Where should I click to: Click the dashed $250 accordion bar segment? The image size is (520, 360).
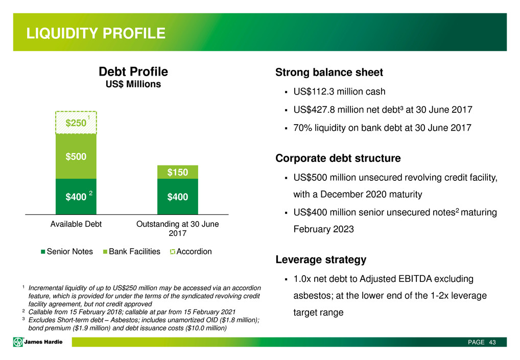[76, 123]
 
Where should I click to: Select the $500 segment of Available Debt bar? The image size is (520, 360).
[76, 156]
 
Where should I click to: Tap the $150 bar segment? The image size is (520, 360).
[178, 172]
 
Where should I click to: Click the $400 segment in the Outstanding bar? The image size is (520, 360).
[178, 197]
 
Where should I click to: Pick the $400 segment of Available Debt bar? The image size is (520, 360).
[76, 197]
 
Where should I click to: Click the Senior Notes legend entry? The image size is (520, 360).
[66, 252]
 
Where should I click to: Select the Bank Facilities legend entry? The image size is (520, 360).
[131, 252]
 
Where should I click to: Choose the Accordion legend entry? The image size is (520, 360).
[191, 252]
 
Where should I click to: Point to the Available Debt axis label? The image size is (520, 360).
[76, 224]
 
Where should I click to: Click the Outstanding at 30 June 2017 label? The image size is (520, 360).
[177, 228]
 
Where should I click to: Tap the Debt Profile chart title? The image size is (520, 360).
[133, 71]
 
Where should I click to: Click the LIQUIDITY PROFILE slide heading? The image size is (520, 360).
[96, 33]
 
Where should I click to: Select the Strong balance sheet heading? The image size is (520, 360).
[329, 73]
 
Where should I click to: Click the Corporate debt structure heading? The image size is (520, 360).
[338, 158]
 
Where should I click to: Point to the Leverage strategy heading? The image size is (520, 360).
[321, 259]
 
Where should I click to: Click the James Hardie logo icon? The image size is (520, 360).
[18, 342]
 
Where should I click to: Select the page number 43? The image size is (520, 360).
[492, 342]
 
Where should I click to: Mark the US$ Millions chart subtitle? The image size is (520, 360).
[133, 84]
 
